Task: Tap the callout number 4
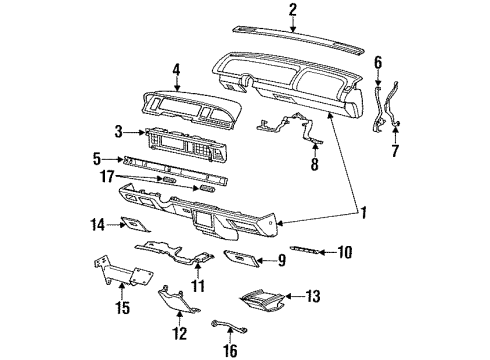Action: click(x=175, y=70)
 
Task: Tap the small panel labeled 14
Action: click(x=133, y=226)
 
